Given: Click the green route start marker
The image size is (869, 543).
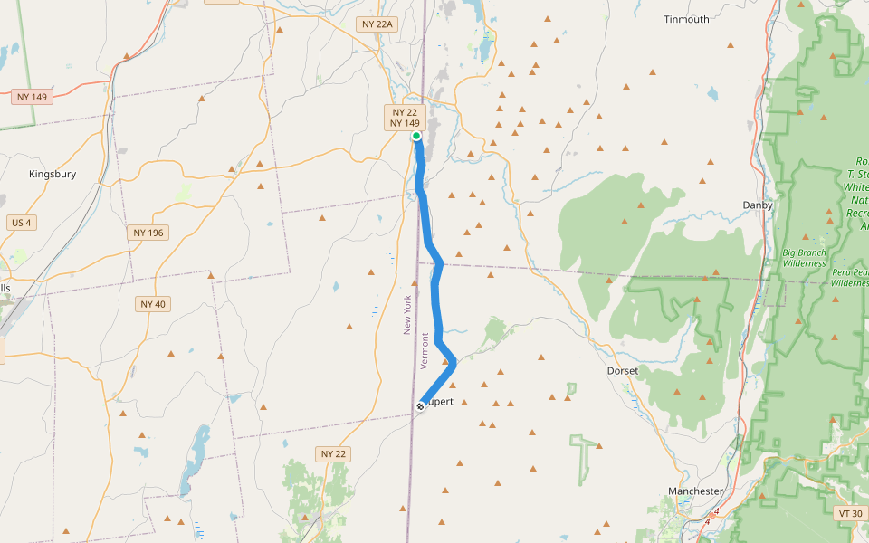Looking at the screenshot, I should (416, 136).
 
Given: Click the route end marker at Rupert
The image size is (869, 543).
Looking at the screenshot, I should (421, 405).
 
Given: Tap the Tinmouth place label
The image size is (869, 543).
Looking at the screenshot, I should (686, 19).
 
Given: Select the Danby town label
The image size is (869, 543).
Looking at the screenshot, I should (758, 205).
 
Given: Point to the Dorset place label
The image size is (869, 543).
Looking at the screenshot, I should (623, 371).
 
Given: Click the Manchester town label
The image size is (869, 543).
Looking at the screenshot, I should (695, 491).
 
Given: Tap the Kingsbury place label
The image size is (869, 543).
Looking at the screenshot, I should (53, 174).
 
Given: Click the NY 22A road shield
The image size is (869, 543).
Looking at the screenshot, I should (377, 24).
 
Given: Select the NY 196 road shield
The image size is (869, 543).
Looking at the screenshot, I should (148, 233).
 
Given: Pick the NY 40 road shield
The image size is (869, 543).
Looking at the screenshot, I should (154, 304).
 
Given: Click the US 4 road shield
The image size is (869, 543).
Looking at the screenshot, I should (20, 222).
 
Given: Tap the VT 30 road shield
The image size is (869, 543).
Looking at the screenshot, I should (850, 513).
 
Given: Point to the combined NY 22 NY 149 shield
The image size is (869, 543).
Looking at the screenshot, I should (405, 117).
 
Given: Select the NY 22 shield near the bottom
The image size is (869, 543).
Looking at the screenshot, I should (334, 453).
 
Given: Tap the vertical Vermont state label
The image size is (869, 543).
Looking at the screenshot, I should (425, 349).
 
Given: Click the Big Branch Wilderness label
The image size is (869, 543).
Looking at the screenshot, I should (805, 258).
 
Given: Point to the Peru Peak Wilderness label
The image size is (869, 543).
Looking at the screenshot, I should (850, 277).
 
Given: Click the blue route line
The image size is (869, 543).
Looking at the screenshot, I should (436, 299).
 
